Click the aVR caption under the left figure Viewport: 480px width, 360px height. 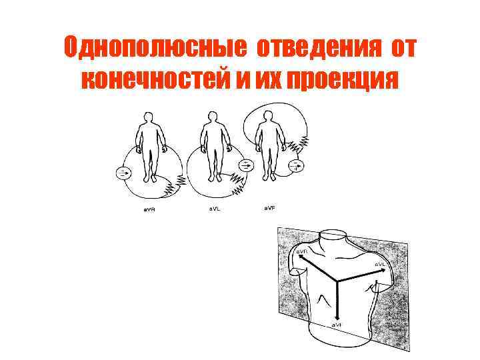pos(152,211)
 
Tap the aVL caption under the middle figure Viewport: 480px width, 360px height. pos(211,211)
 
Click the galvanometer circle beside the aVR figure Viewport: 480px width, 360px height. pos(124,173)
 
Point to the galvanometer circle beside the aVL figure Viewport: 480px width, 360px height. pos(245,164)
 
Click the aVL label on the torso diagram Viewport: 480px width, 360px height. pos(381,264)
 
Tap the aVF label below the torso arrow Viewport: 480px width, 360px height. pos(339,325)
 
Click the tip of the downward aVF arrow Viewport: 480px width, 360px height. pos(339,316)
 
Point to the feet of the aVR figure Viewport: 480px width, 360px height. pos(153,179)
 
